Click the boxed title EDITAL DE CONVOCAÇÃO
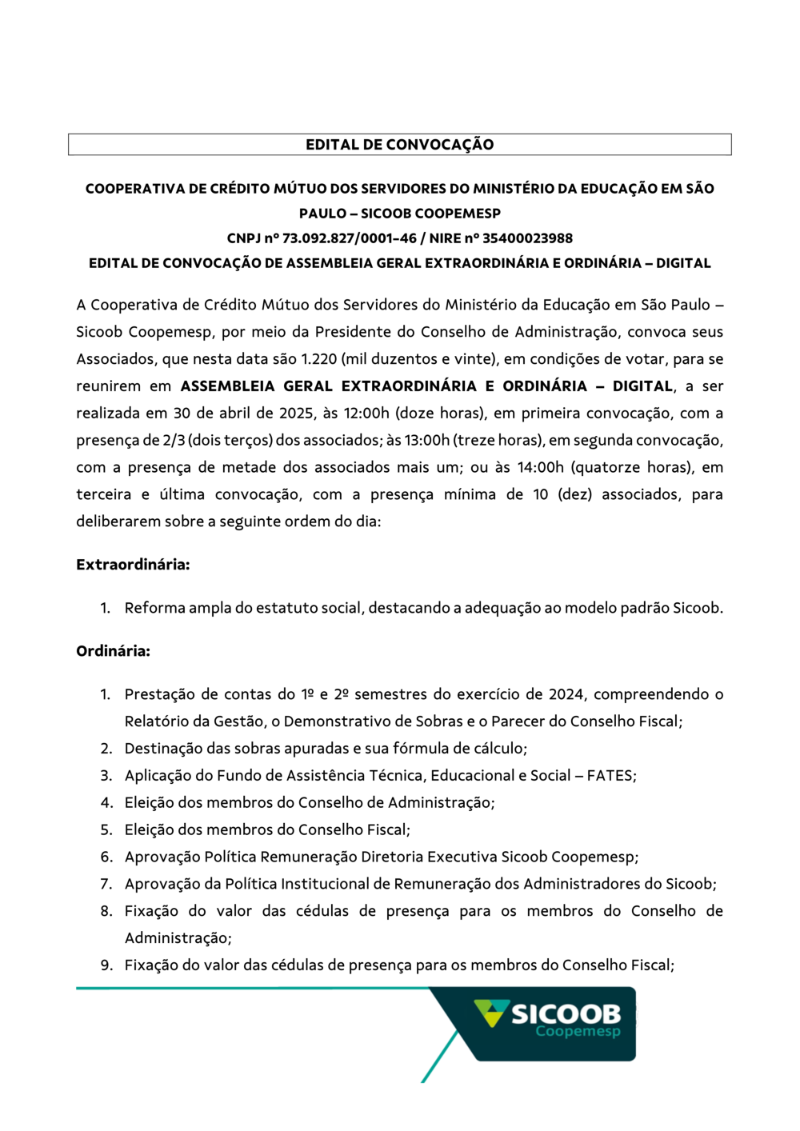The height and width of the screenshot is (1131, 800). click(399, 145)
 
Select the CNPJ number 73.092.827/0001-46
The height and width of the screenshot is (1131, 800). click(350, 238)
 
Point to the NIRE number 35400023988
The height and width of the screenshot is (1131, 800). click(527, 238)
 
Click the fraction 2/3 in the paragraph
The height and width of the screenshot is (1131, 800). click(173, 441)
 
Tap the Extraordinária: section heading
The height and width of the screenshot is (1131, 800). click(133, 565)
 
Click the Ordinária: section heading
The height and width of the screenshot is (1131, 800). click(113, 651)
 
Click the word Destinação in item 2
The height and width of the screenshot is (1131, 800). click(163, 749)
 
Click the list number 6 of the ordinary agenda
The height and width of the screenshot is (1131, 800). click(106, 857)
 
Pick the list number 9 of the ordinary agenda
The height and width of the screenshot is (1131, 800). click(106, 965)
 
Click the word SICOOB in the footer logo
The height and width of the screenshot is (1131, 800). click(566, 1014)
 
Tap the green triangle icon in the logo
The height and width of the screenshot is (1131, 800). click(490, 1013)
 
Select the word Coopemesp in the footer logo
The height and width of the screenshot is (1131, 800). click(578, 1032)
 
